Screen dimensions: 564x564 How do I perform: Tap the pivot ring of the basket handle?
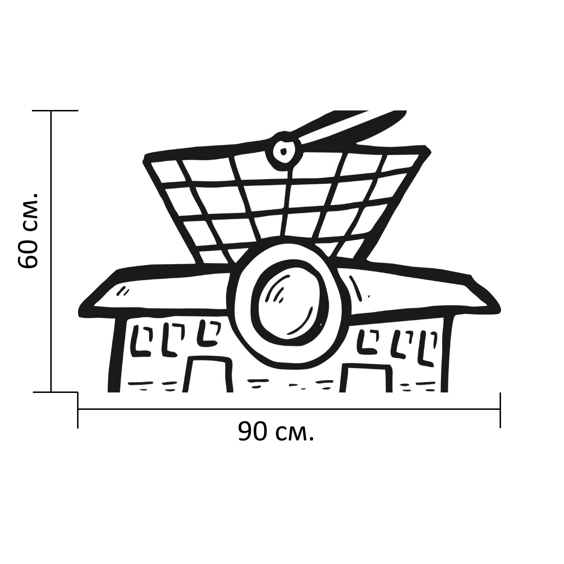coord(282,151)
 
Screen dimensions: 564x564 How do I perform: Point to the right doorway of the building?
coord(366,377)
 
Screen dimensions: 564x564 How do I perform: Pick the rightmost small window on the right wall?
coord(428,348)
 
